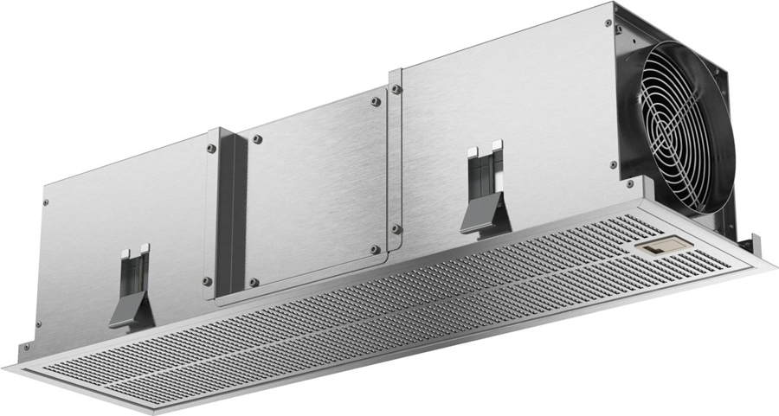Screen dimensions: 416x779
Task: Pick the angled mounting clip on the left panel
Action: tap(131, 308)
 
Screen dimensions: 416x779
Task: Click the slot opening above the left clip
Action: tap(135, 268)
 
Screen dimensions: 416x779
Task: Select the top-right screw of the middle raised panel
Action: tap(375, 101)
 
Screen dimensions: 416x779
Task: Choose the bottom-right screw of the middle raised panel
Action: tap(376, 249)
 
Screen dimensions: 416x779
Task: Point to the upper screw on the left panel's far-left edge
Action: tap(46, 203)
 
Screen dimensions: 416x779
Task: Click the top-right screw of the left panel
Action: tap(210, 148)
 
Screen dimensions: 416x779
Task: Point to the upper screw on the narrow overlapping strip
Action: tap(396, 88)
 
